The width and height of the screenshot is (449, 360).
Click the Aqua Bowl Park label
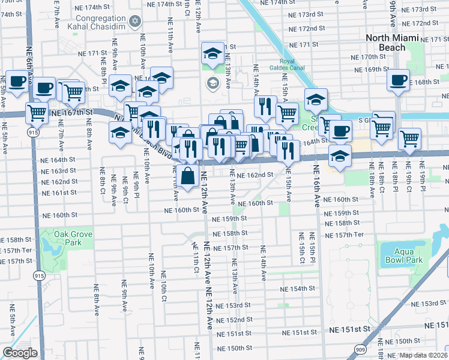tap(400, 256)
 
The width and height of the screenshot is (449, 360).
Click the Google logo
tap(20, 353)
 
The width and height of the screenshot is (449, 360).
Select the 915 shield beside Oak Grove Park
tap(40, 275)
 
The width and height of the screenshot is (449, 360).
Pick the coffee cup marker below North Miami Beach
tap(398, 80)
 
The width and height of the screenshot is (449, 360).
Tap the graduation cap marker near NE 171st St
tap(212, 55)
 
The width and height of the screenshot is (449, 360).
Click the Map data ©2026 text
tap(424, 355)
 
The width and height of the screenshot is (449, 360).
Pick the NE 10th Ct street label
tap(163, 285)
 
